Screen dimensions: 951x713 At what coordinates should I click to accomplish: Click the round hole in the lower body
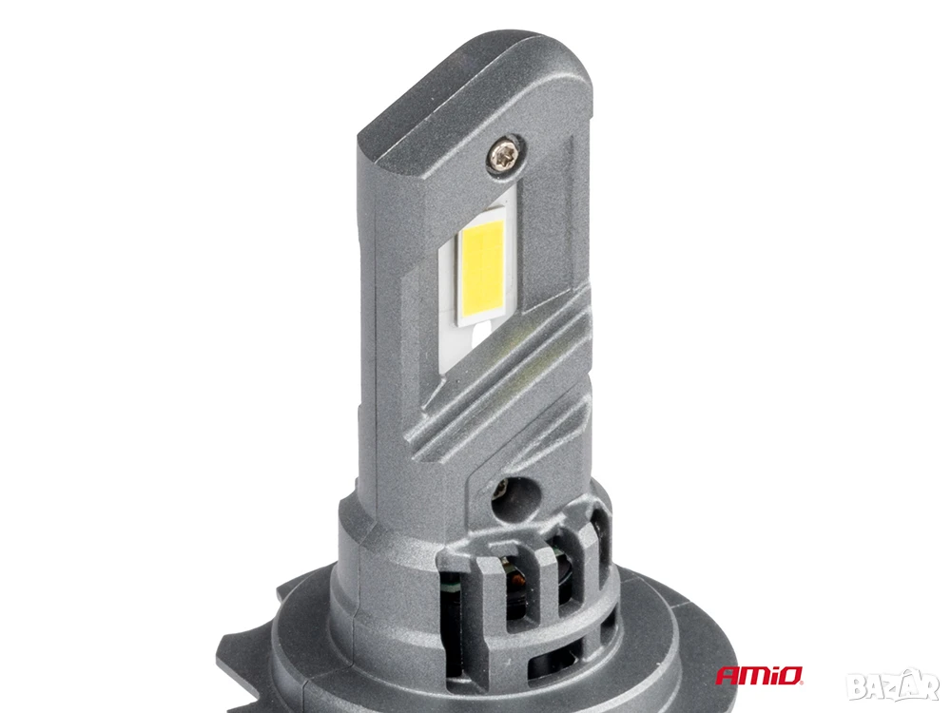click(x=513, y=499)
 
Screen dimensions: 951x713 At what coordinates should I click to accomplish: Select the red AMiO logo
click(x=759, y=675)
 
